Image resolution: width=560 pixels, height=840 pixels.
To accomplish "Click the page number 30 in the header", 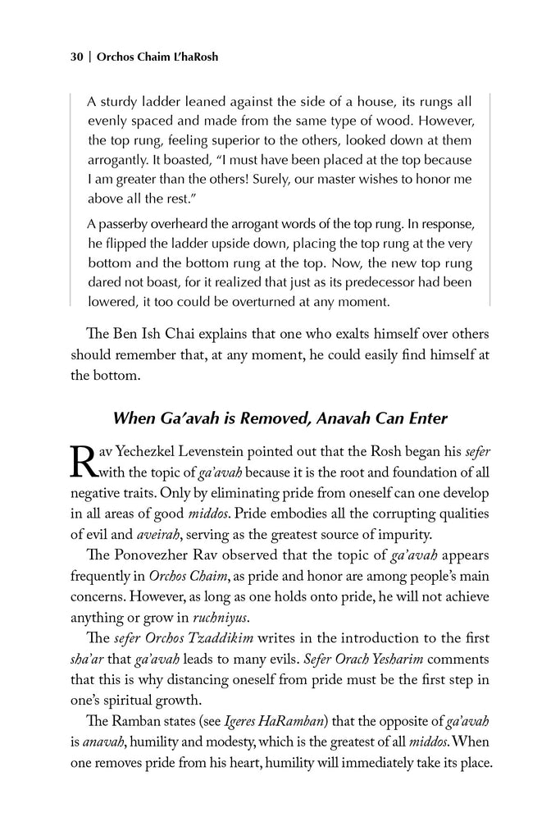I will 76,58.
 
